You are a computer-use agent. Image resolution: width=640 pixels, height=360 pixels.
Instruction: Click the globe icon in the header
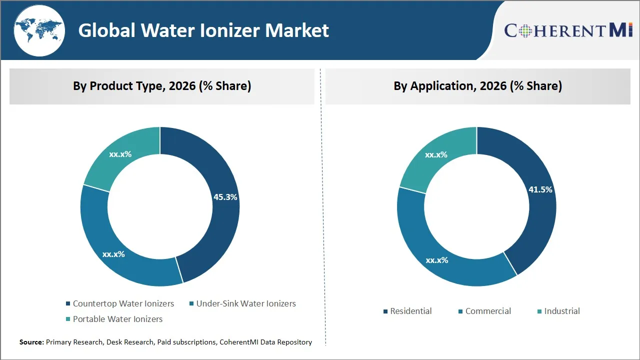(x=38, y=30)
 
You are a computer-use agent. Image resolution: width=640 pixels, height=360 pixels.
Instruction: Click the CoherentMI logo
(x=568, y=30)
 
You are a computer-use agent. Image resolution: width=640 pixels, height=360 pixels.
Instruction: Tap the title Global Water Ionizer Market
(x=203, y=30)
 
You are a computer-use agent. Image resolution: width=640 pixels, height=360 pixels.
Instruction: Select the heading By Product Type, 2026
(x=162, y=86)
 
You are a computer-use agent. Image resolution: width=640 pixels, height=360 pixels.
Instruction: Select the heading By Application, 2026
(x=477, y=86)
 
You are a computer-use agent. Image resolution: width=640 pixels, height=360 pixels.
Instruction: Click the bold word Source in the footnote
(x=31, y=342)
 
